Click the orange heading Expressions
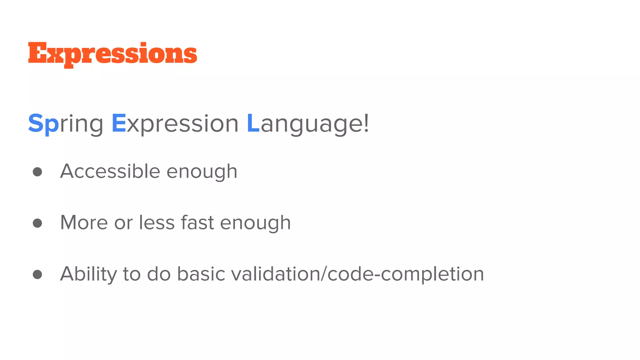(x=112, y=54)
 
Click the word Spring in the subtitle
(x=66, y=124)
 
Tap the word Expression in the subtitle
(x=175, y=124)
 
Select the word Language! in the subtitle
(x=308, y=124)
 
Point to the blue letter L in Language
(x=253, y=123)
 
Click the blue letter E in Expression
(x=119, y=123)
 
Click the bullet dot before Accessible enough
(x=37, y=172)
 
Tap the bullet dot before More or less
(x=37, y=223)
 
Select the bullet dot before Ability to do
(x=37, y=274)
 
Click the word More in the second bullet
(x=84, y=222)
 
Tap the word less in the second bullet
(x=157, y=222)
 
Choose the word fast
(x=197, y=222)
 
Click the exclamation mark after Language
(x=366, y=123)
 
